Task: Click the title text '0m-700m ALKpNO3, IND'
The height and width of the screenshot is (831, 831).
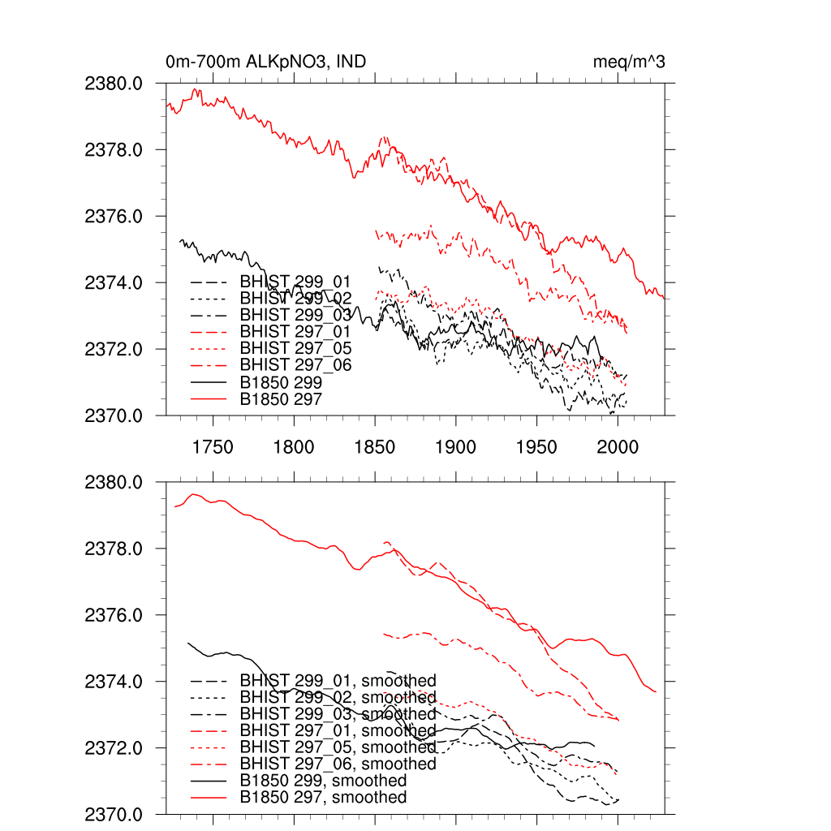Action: pos(260,62)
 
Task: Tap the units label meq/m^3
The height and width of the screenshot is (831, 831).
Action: pos(630,62)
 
